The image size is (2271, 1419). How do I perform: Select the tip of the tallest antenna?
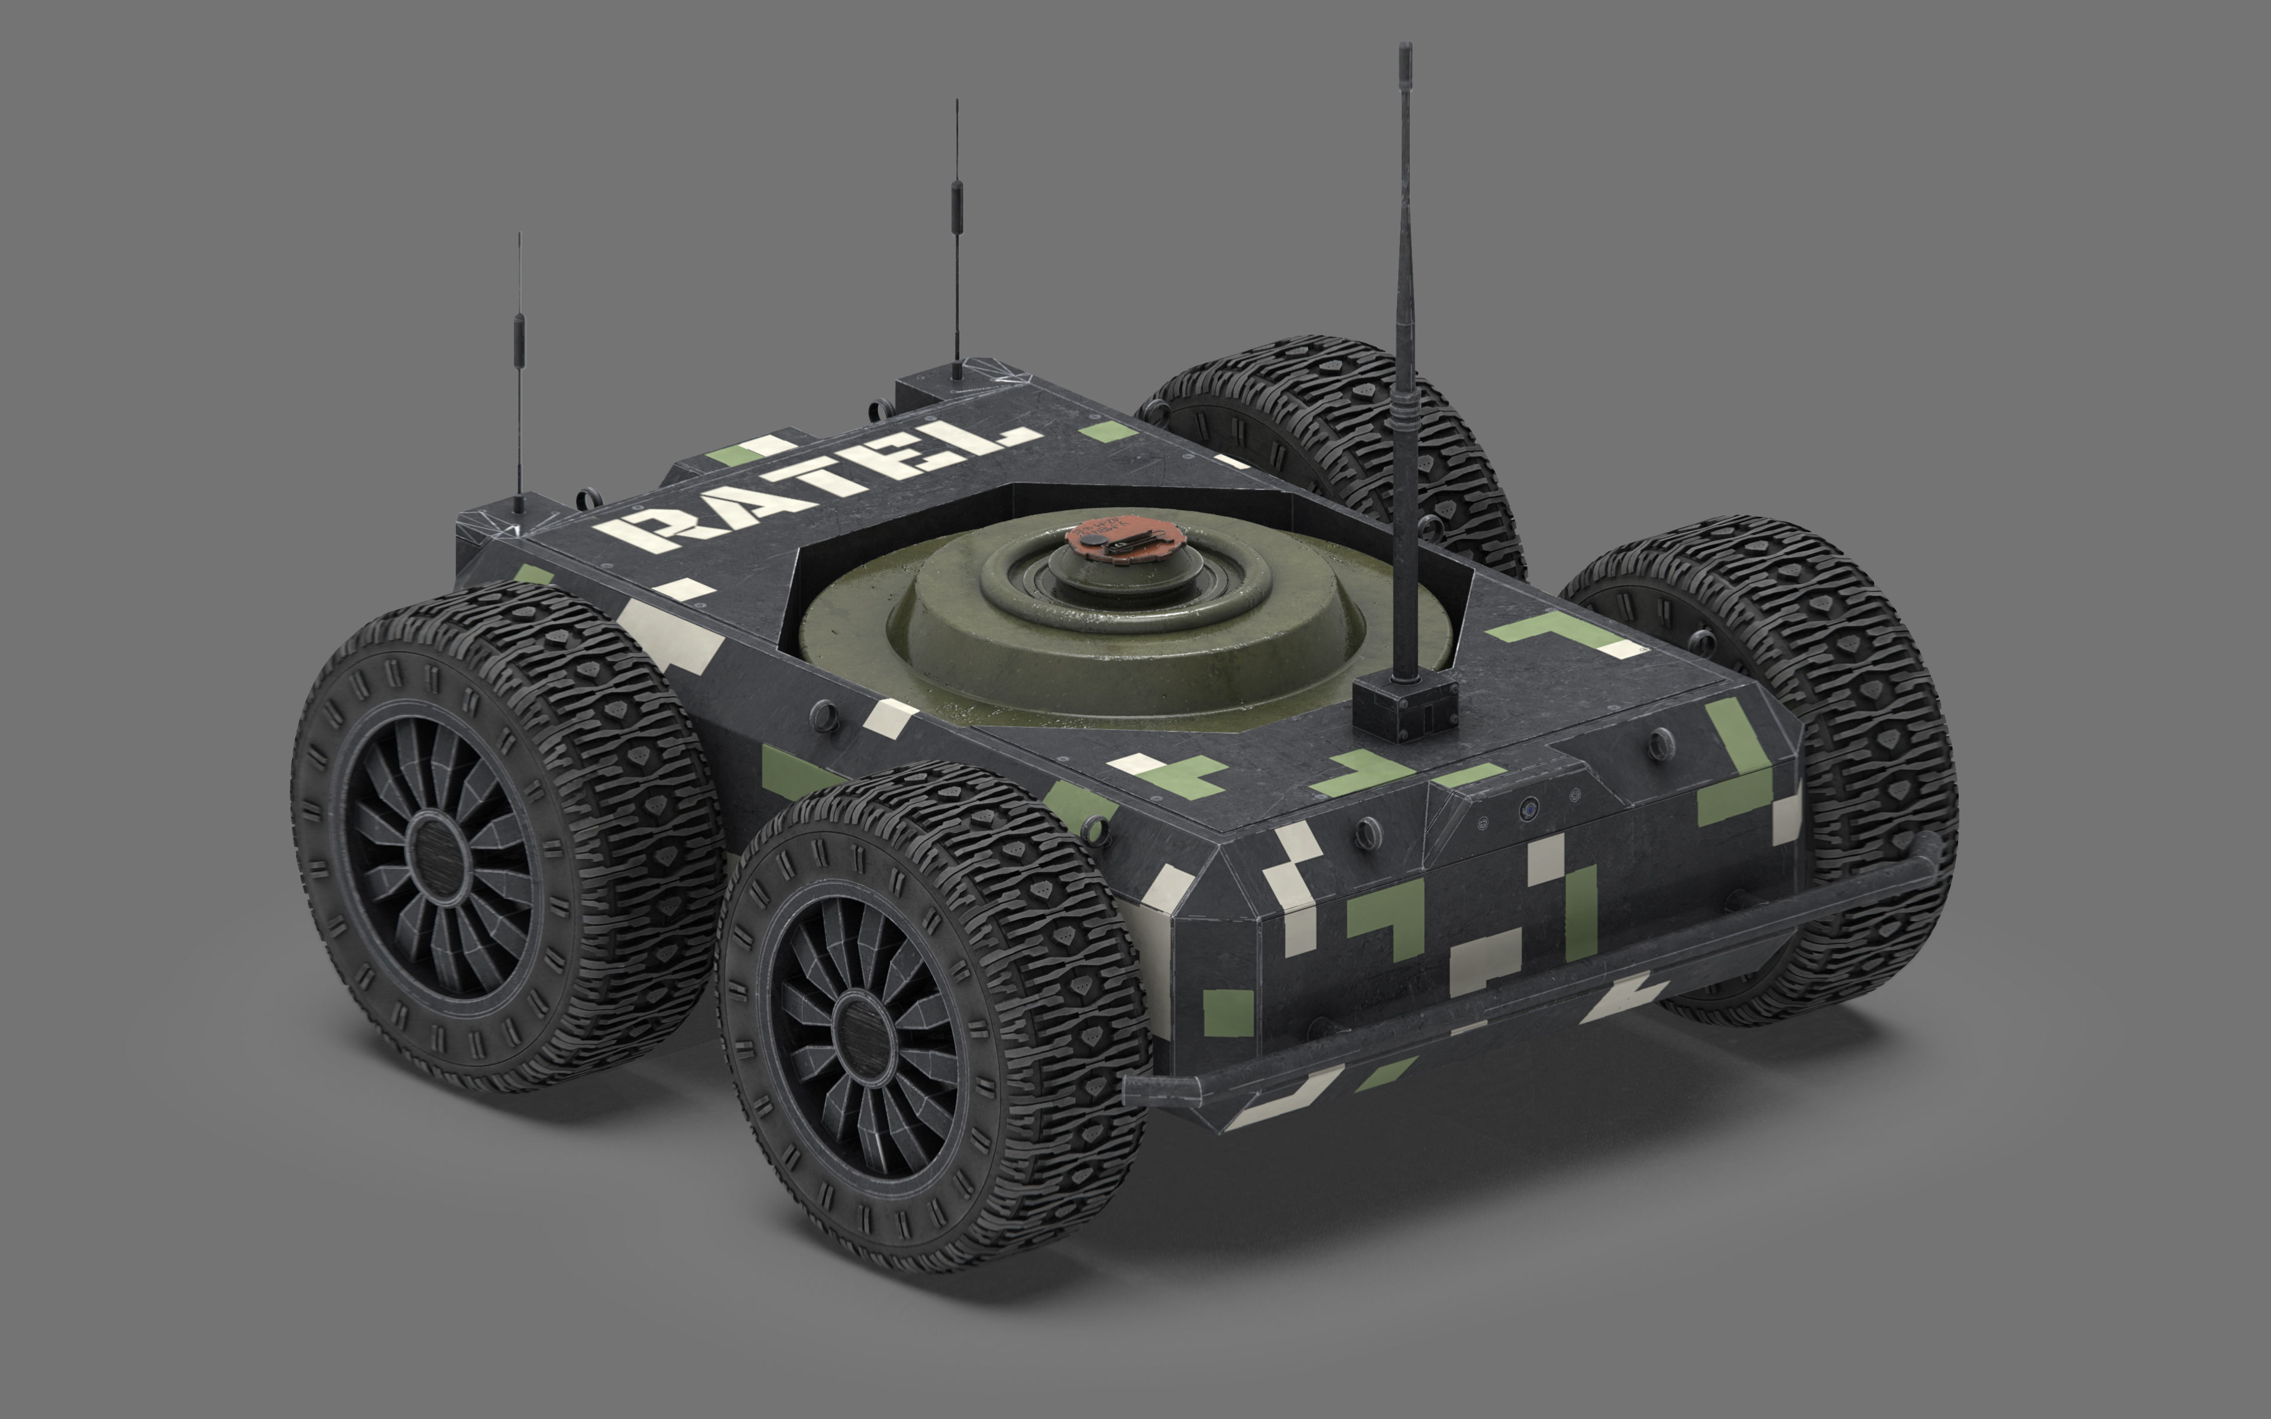tap(1405, 47)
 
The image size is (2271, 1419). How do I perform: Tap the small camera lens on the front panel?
tap(1529, 806)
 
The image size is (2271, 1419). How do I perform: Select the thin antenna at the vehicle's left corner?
tap(518, 375)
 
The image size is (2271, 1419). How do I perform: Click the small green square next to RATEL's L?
tap(1107, 432)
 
